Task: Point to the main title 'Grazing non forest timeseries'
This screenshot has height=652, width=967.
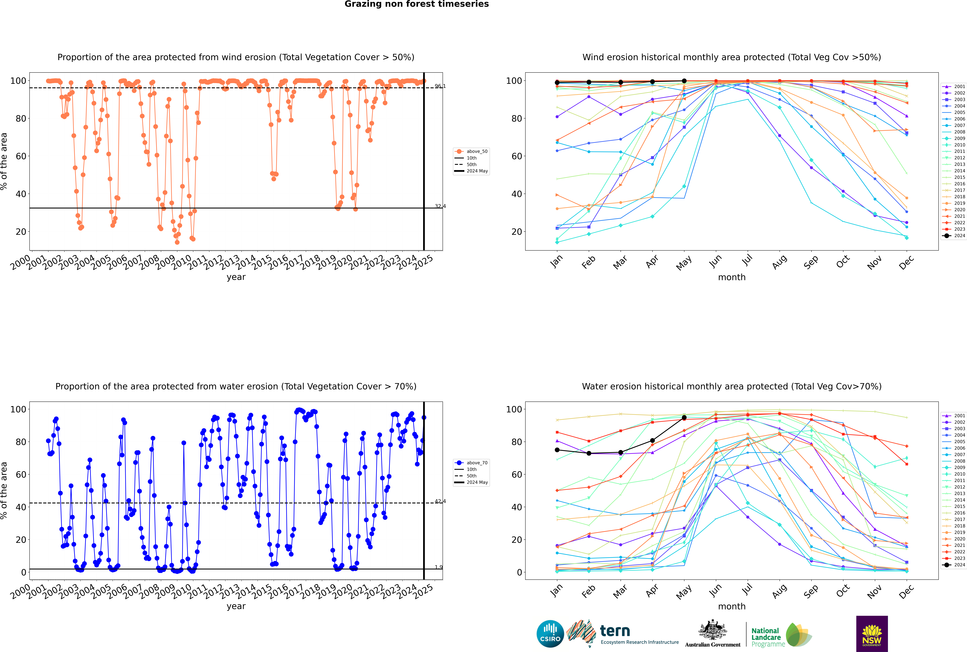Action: pyautogui.click(x=417, y=4)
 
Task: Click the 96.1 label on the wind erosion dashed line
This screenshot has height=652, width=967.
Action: pyautogui.click(x=440, y=86)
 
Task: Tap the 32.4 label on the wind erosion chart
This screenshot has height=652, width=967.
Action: pyautogui.click(x=440, y=206)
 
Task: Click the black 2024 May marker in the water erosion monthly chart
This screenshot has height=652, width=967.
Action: pyautogui.click(x=684, y=417)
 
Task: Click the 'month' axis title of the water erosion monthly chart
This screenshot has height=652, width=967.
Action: pyautogui.click(x=732, y=606)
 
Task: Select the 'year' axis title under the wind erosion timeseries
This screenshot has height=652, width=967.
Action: pyautogui.click(x=236, y=277)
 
